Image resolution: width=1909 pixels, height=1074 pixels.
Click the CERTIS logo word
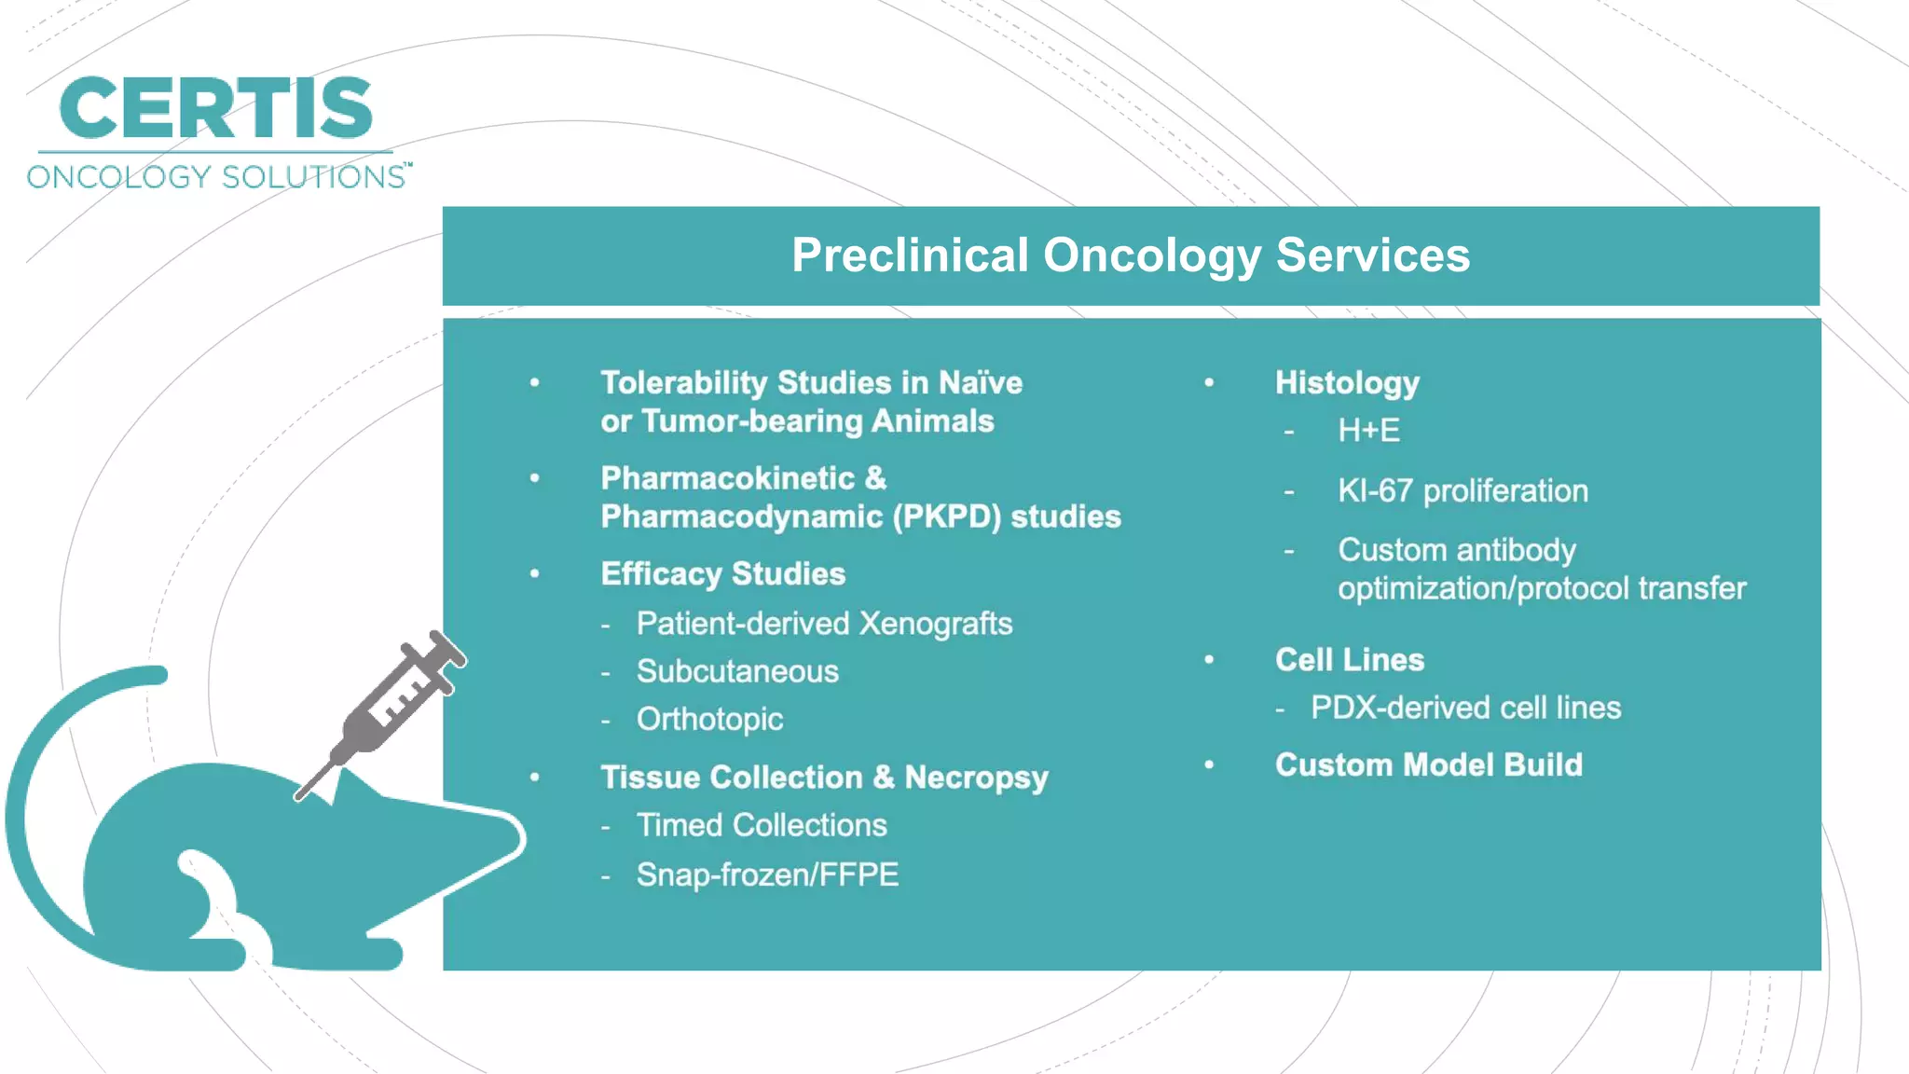[x=215, y=109]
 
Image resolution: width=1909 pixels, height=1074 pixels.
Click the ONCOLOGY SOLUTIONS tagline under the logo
[x=216, y=177]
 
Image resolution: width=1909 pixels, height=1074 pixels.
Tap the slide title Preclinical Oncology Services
[x=1130, y=255]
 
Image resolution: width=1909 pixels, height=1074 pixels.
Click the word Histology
[x=1347, y=383]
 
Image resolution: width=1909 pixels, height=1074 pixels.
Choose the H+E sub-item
[x=1368, y=431]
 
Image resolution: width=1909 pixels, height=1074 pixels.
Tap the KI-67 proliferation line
[x=1463, y=491]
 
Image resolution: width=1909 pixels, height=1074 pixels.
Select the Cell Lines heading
[x=1349, y=660]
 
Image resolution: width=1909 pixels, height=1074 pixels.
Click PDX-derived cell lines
[x=1465, y=709]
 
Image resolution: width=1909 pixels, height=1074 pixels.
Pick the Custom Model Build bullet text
[x=1428, y=765]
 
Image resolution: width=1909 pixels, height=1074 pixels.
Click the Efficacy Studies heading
[x=722, y=574]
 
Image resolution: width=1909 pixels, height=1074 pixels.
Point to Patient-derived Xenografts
[x=824, y=624]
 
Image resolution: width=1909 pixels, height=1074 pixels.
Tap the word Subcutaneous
[x=737, y=672]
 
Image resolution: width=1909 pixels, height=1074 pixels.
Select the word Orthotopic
[x=709, y=720]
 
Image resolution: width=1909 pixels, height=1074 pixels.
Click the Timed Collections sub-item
[x=761, y=826]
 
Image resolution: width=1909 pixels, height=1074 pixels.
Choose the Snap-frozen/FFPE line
[x=767, y=875]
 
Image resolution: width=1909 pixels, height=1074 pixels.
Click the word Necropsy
[x=976, y=778]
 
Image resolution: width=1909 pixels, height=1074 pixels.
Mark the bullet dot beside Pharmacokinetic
[x=535, y=478]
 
